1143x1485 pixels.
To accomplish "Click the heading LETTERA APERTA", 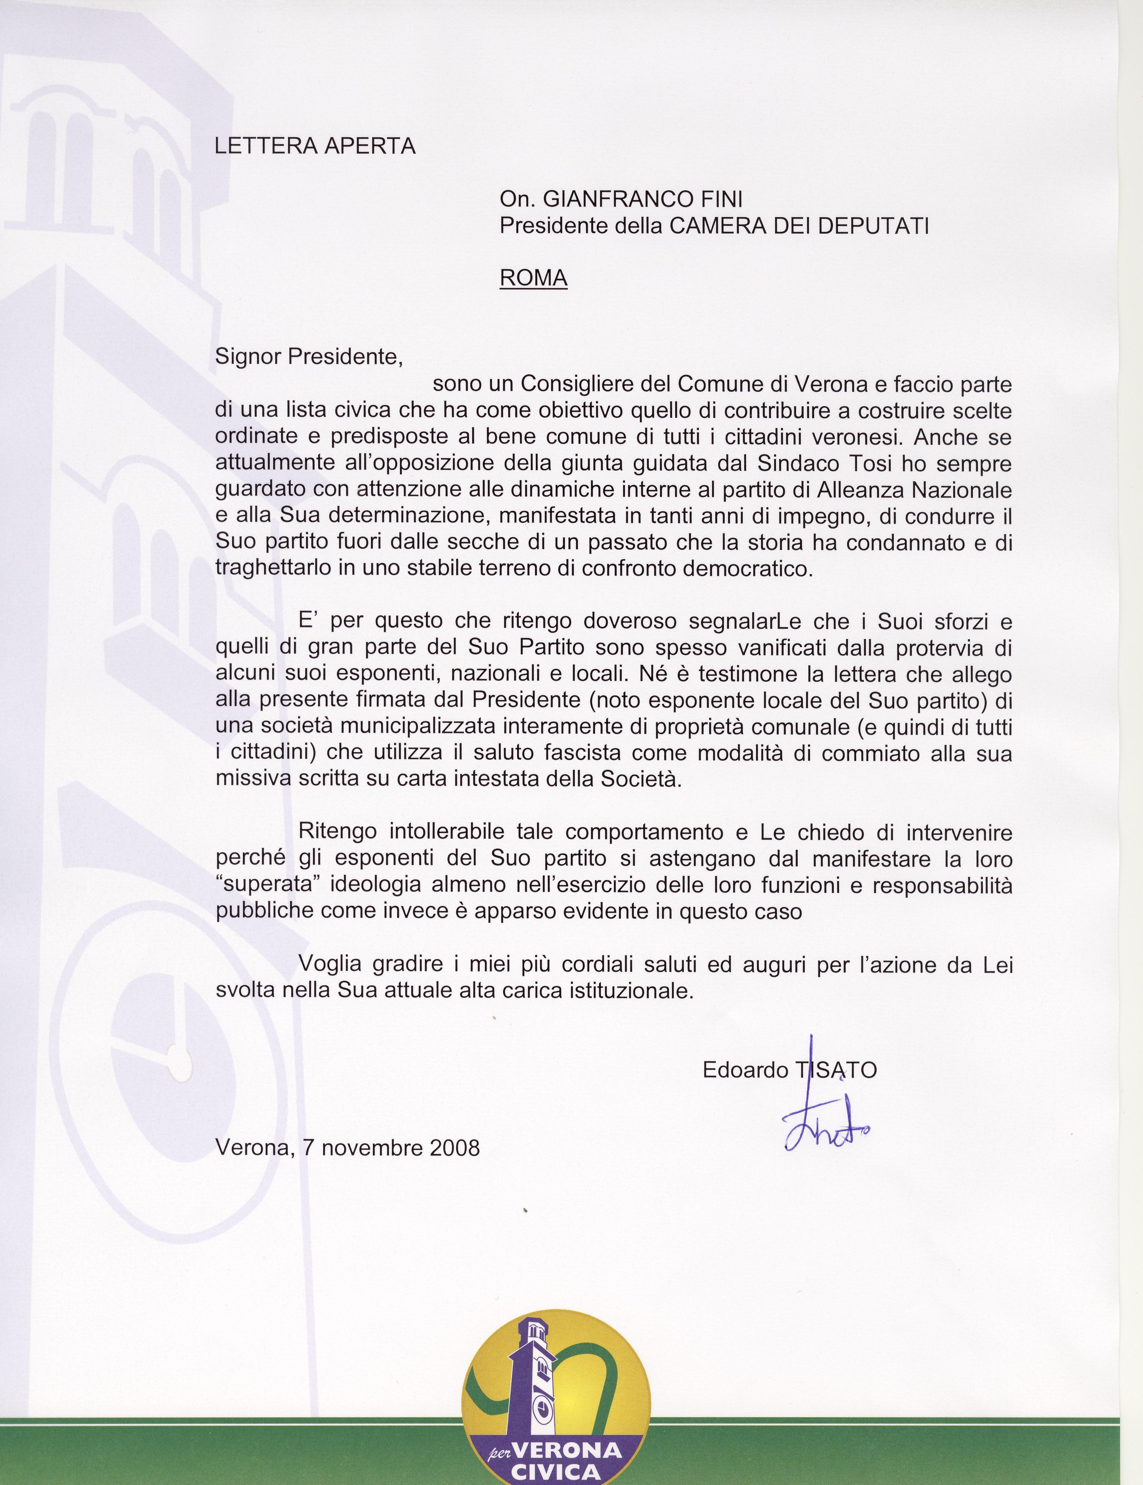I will [x=315, y=146].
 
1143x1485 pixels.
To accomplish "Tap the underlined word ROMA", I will [x=533, y=278].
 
